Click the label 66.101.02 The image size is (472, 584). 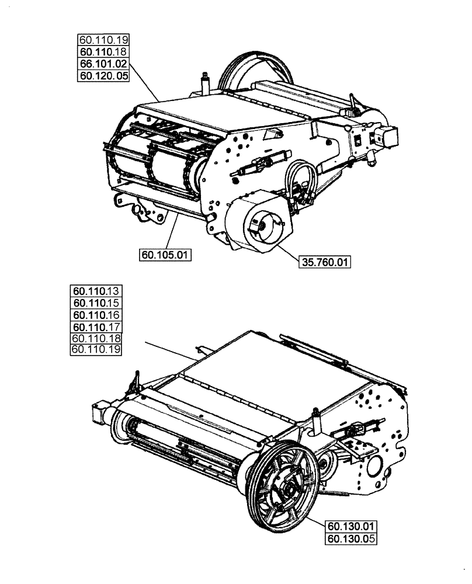[103, 64]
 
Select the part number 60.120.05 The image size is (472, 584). [103, 75]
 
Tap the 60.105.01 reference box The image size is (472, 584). [166, 255]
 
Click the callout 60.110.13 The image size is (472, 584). [95, 291]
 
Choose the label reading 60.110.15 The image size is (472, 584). [95, 303]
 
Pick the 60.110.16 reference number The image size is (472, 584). [95, 315]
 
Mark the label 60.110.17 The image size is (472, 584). [95, 327]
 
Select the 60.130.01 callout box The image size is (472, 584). [349, 527]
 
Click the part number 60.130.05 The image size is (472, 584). [349, 539]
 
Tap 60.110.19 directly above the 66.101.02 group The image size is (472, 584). [103, 40]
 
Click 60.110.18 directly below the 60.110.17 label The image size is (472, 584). [95, 339]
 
